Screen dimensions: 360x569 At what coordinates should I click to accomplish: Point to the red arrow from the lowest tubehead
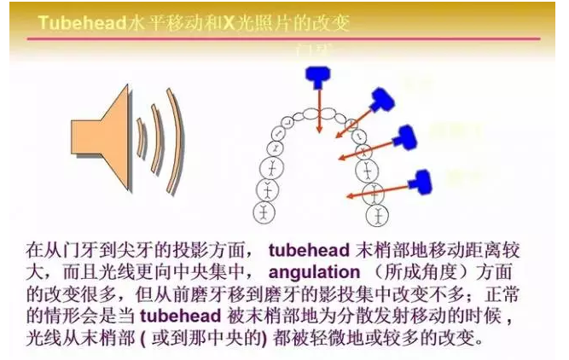coord(381,189)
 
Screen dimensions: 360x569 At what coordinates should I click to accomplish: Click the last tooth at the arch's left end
coord(265,208)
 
